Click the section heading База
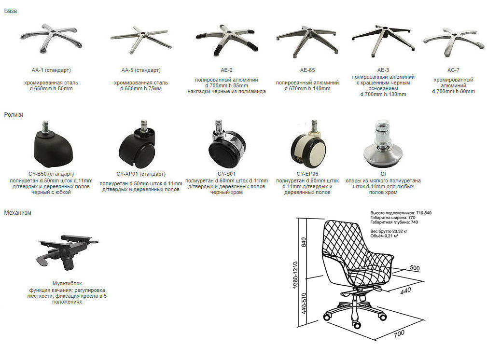pyautogui.click(x=11, y=11)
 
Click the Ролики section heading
pyautogui.click(x=14, y=115)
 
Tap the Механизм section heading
pyautogui.click(x=18, y=213)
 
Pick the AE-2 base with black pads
pyautogui.click(x=227, y=39)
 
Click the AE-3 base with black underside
pyautogui.click(x=383, y=41)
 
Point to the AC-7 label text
pyautogui.click(x=454, y=70)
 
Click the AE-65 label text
pyautogui.click(x=307, y=70)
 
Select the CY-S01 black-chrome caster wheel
pyautogui.click(x=227, y=144)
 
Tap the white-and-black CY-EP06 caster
pyautogui.click(x=308, y=144)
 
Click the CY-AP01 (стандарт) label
pyautogui.click(x=141, y=174)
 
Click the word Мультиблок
pyautogui.click(x=67, y=284)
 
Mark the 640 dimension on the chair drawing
pyautogui.click(x=304, y=242)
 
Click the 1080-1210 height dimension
pyautogui.click(x=295, y=275)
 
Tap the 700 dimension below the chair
pyautogui.click(x=399, y=333)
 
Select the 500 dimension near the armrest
pyautogui.click(x=415, y=268)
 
